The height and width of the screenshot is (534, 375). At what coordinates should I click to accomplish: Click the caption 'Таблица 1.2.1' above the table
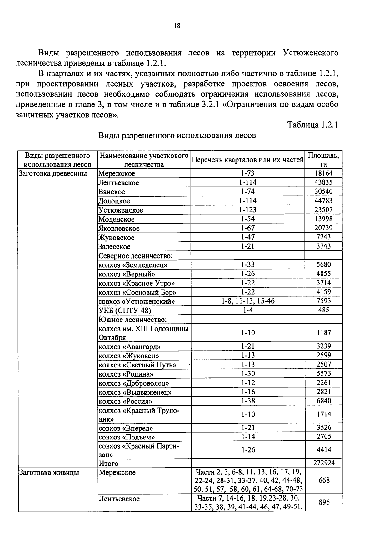point(312,125)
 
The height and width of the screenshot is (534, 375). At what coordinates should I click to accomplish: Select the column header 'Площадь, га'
point(323,160)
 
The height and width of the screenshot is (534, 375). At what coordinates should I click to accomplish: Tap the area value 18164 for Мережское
point(323,173)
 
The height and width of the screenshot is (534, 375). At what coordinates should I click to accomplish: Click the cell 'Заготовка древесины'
point(53,173)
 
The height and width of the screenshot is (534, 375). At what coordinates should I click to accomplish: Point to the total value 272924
point(324,463)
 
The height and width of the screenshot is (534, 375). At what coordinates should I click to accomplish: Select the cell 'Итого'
point(109,463)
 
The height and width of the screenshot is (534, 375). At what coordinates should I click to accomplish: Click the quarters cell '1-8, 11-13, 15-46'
point(248,301)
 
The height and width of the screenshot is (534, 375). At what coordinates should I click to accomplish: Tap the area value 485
point(323,310)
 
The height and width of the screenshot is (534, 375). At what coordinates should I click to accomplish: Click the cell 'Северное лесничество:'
point(136,256)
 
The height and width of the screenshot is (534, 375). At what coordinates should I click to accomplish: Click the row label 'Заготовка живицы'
point(49,473)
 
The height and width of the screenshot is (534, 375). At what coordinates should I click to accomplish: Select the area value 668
point(324,480)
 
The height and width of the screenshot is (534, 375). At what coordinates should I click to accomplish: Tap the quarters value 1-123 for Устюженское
point(248,210)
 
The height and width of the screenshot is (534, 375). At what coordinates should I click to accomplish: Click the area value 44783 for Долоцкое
point(323,201)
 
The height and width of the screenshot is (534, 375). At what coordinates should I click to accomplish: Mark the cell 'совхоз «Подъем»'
point(127,437)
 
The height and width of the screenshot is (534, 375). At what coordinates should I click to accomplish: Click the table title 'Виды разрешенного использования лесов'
point(177,136)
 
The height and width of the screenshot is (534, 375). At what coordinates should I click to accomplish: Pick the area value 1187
point(323,333)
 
